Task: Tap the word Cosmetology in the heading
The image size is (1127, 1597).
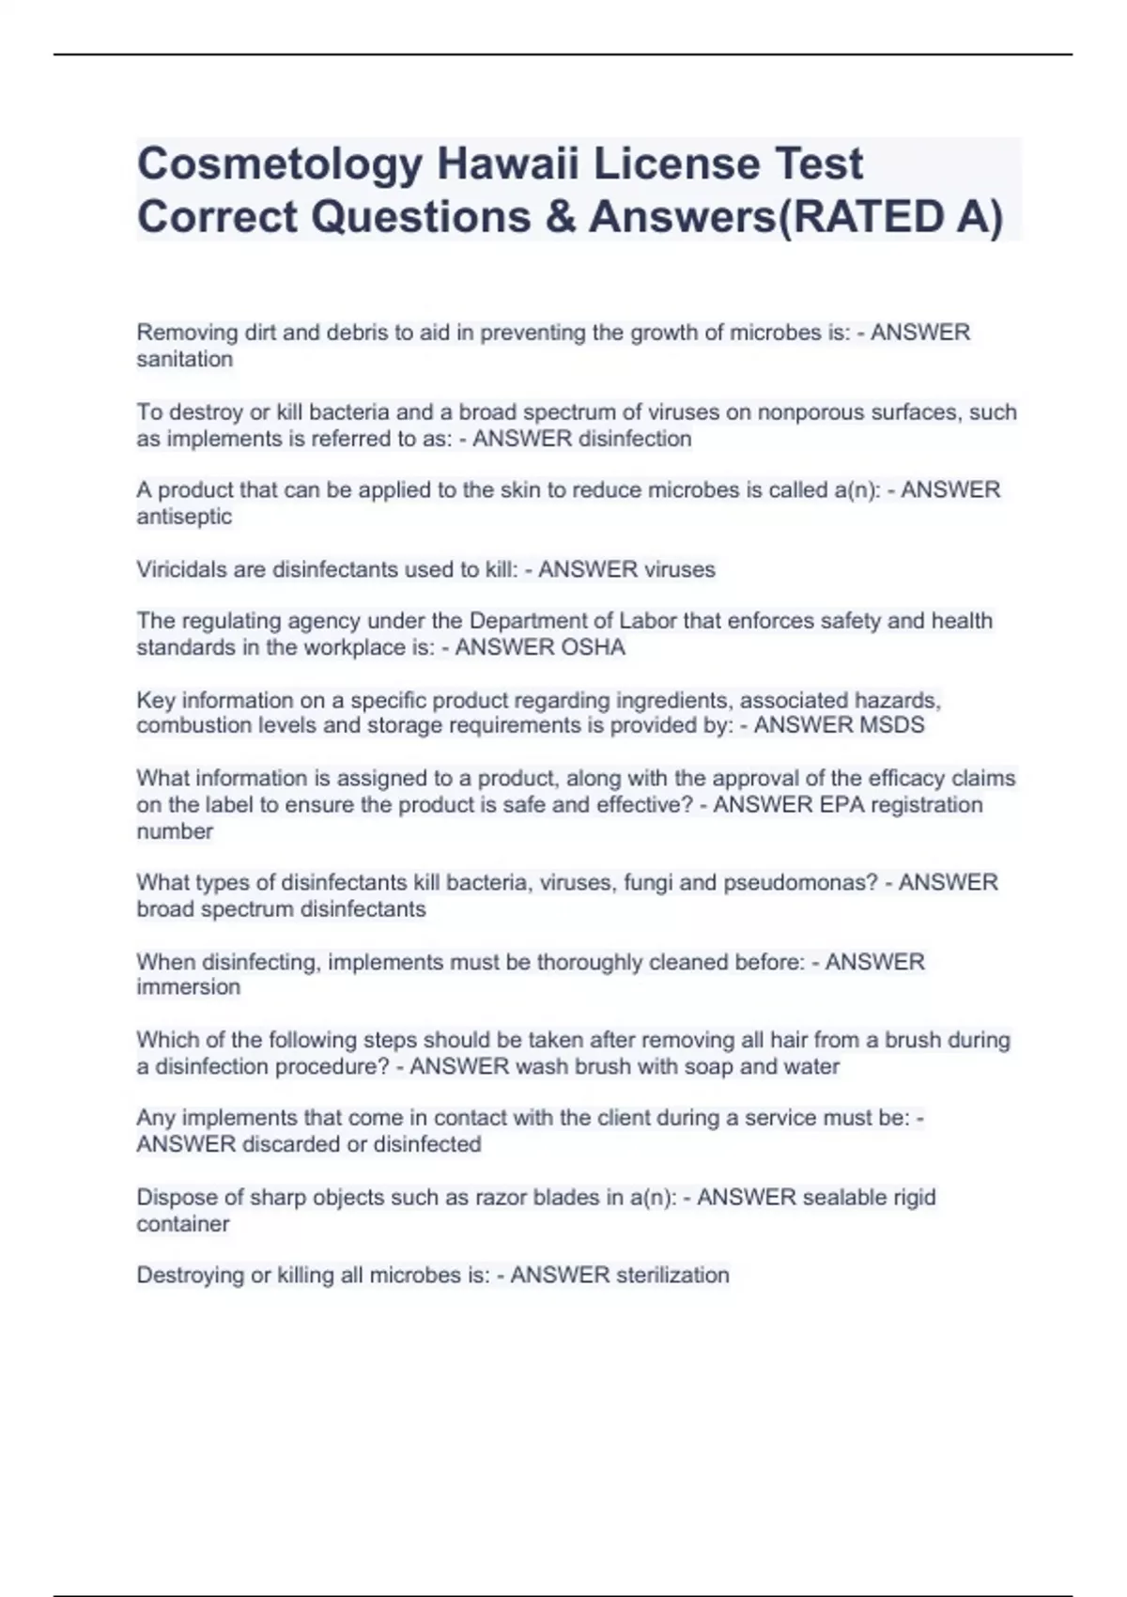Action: tap(279, 165)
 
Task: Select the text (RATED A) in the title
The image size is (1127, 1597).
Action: tap(891, 217)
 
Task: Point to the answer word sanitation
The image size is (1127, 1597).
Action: tap(184, 359)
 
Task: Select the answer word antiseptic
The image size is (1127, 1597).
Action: tap(184, 517)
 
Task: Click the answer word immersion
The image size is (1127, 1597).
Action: tap(188, 987)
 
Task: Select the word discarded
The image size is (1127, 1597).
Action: tap(290, 1144)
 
